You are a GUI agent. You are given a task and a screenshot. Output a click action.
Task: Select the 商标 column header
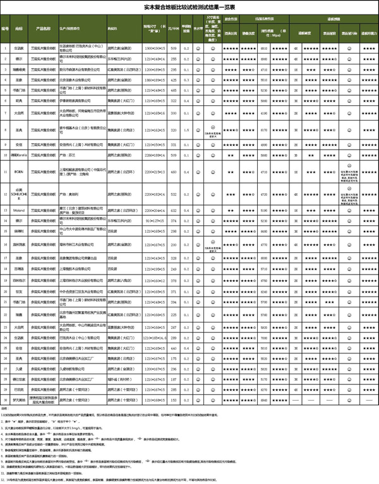coord(20,28)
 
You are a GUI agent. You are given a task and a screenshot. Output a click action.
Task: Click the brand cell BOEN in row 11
coord(20,171)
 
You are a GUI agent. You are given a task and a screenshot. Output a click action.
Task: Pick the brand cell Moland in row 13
coord(20,210)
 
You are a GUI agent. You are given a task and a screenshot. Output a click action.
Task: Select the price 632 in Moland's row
coord(172,210)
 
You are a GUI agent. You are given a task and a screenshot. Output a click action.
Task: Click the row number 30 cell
coord(5,400)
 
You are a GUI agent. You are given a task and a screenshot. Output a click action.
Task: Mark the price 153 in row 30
coord(172,400)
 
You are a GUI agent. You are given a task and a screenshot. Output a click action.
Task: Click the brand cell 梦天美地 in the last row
coord(20,400)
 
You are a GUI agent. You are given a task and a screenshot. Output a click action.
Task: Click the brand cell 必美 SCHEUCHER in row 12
coord(20,194)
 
